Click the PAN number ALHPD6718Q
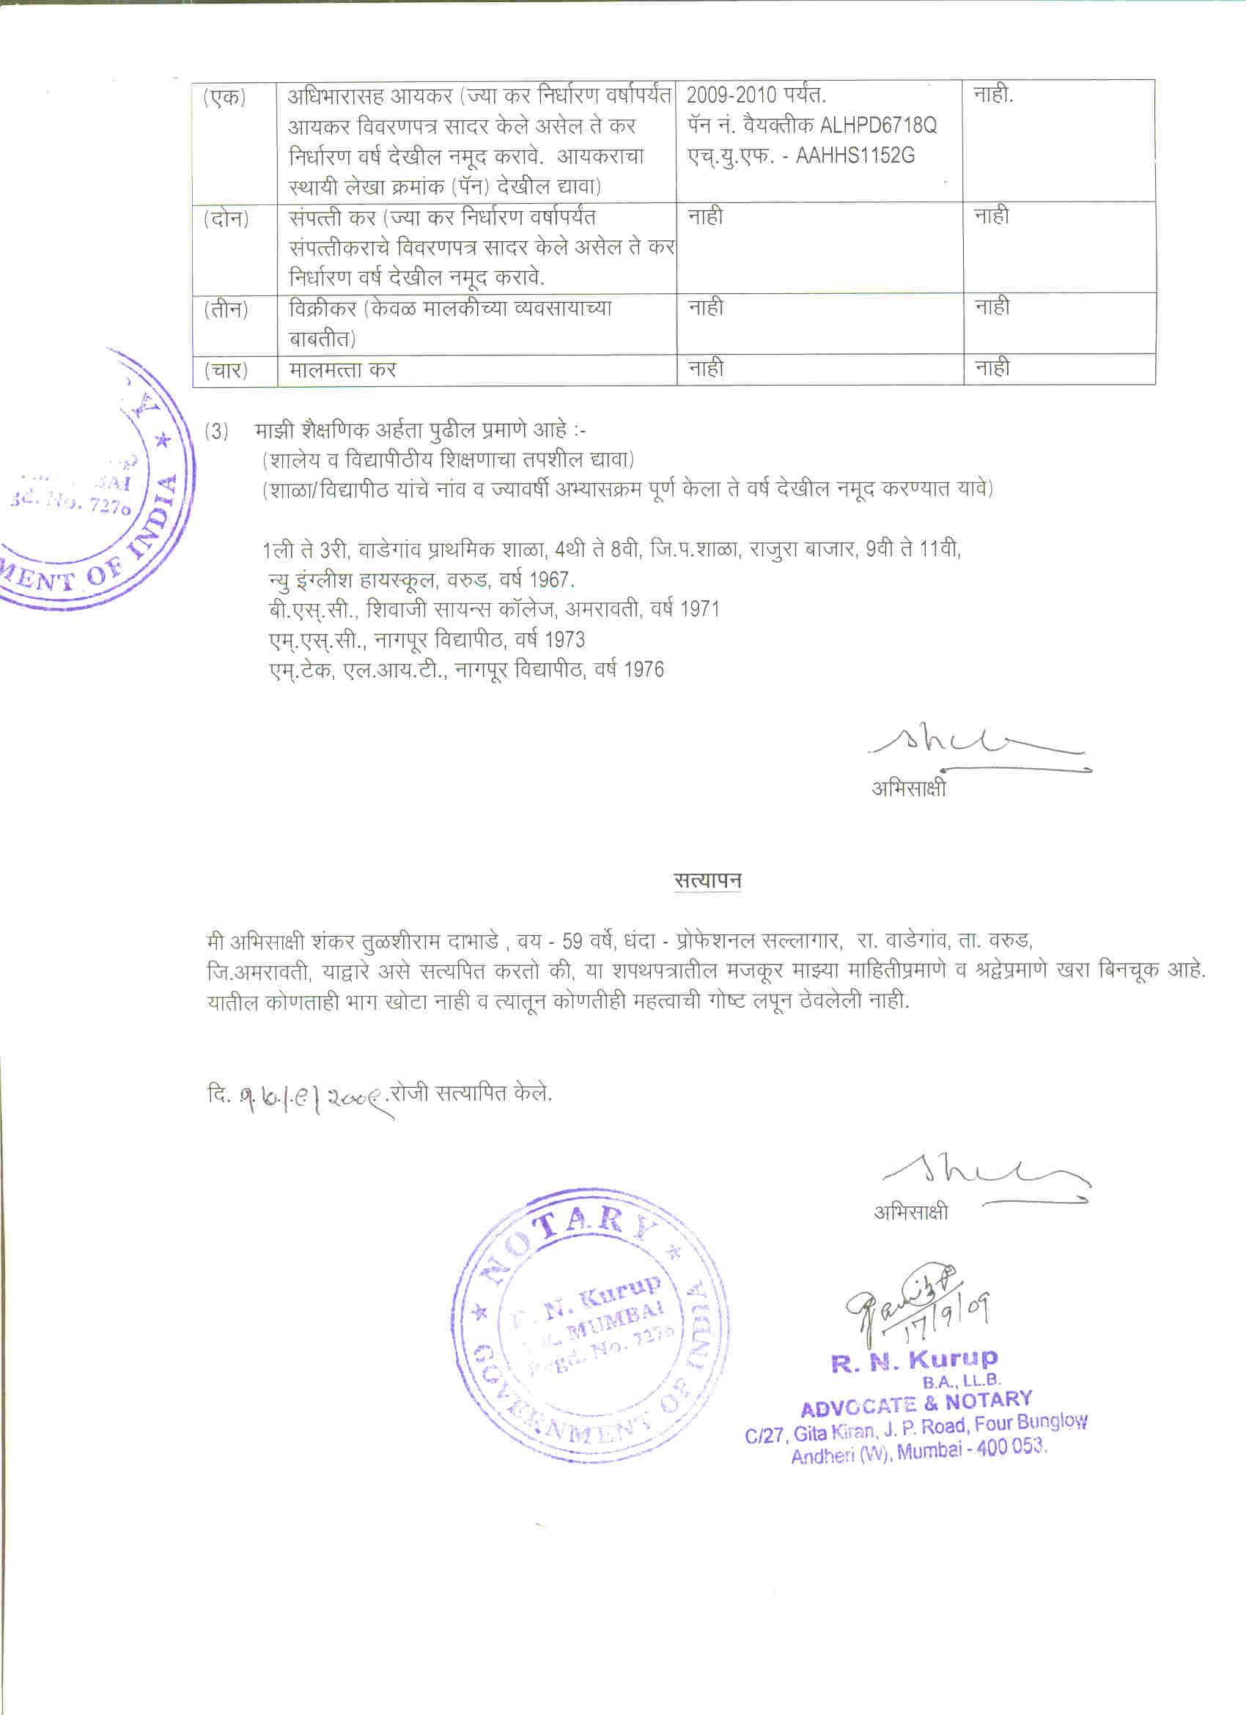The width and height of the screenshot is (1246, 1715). [x=878, y=125]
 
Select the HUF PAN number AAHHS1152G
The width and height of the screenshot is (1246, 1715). [x=855, y=156]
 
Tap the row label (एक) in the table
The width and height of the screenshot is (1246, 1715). [x=224, y=97]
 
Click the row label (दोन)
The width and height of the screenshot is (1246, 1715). [x=226, y=219]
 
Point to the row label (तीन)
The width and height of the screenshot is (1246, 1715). [x=226, y=310]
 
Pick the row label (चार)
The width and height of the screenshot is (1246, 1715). [x=226, y=372]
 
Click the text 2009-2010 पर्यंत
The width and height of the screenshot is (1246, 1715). [x=756, y=95]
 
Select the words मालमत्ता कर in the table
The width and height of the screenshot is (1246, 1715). [x=342, y=371]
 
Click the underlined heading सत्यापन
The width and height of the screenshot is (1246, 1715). [x=708, y=880]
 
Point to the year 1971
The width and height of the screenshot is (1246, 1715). [x=699, y=610]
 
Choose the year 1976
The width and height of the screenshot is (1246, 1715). [x=644, y=670]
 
